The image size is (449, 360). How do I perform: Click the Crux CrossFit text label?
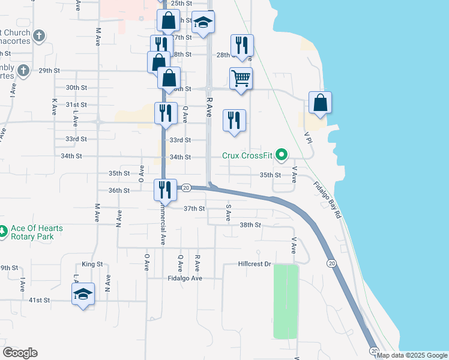coord(247,155)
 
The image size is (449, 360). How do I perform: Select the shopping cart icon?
coord(241,79)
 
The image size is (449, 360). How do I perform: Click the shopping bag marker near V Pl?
coord(321,103)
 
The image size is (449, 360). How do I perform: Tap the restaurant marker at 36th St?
coord(164,190)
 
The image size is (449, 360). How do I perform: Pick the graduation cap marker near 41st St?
coord(83,294)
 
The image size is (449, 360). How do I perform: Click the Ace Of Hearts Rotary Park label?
coord(37,232)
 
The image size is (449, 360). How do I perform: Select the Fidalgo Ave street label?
coord(185,278)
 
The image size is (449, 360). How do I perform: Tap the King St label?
coord(92,264)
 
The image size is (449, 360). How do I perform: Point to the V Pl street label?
coord(309,137)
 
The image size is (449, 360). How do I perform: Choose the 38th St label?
coord(250,225)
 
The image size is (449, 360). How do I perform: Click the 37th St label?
coord(194,209)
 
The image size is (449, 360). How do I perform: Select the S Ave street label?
coord(228,213)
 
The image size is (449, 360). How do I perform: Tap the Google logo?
coord(20,353)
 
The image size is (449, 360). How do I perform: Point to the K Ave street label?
coord(54,107)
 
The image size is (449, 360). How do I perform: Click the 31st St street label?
coord(76,104)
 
